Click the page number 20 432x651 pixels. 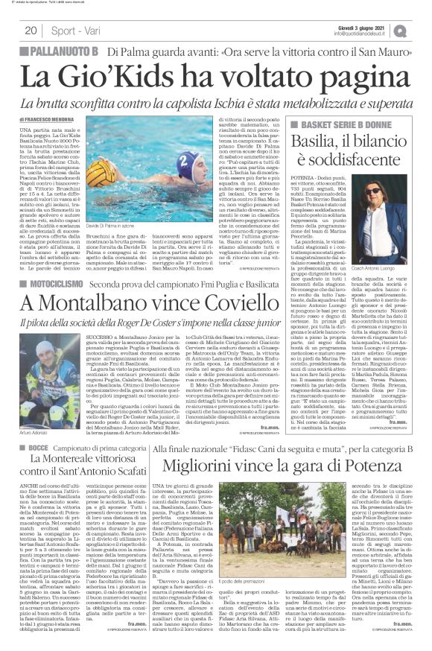pyautogui.click(x=31, y=30)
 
